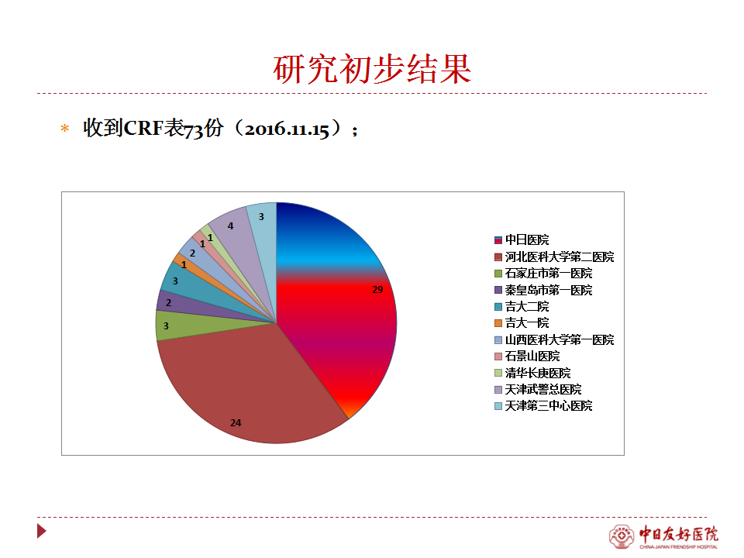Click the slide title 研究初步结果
(372, 69)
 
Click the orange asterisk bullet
(65, 128)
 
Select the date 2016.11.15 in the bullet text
(287, 129)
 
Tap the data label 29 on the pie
(377, 289)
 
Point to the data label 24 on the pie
(236, 423)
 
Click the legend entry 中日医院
(522, 240)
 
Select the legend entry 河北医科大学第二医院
(554, 257)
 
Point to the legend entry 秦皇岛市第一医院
(543, 290)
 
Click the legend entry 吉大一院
(522, 323)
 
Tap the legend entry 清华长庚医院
(532, 373)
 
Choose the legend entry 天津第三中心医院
(543, 405)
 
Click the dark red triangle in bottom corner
(41, 531)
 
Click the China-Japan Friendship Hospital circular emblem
(621, 536)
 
